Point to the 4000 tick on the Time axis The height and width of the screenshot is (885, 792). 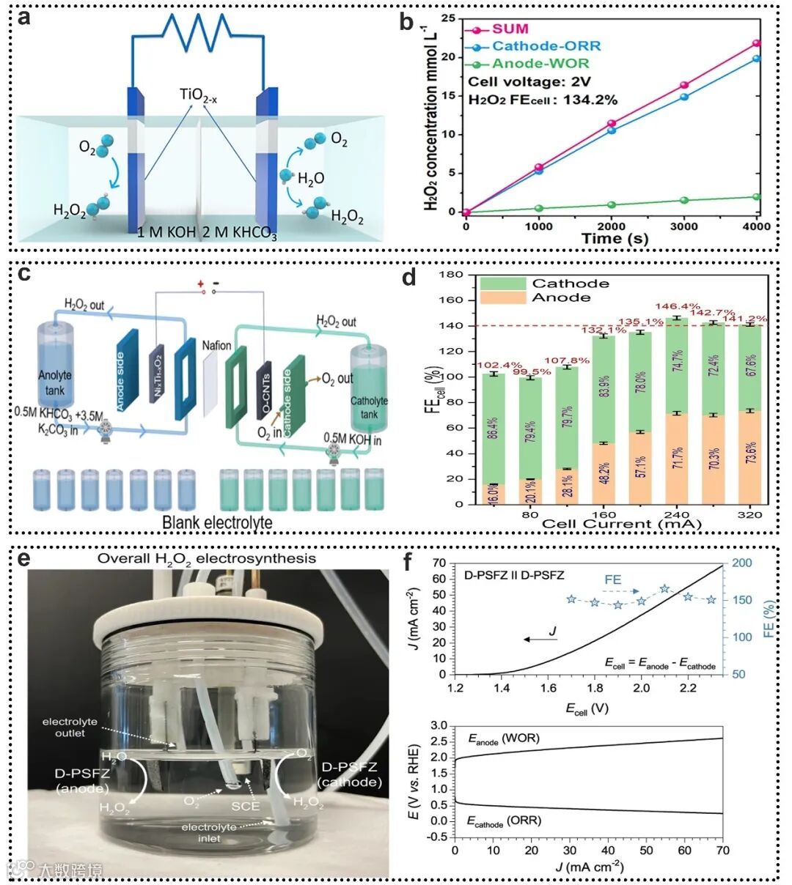click(756, 226)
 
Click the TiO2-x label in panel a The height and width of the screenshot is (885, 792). click(198, 95)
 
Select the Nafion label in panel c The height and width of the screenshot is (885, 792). click(216, 345)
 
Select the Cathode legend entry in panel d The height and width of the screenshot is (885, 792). click(571, 284)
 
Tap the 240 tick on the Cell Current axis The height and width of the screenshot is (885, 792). click(675, 514)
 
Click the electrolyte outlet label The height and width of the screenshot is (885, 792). click(70, 727)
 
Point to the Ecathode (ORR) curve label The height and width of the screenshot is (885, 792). click(504, 821)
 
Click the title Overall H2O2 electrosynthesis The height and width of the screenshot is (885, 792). click(208, 558)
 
